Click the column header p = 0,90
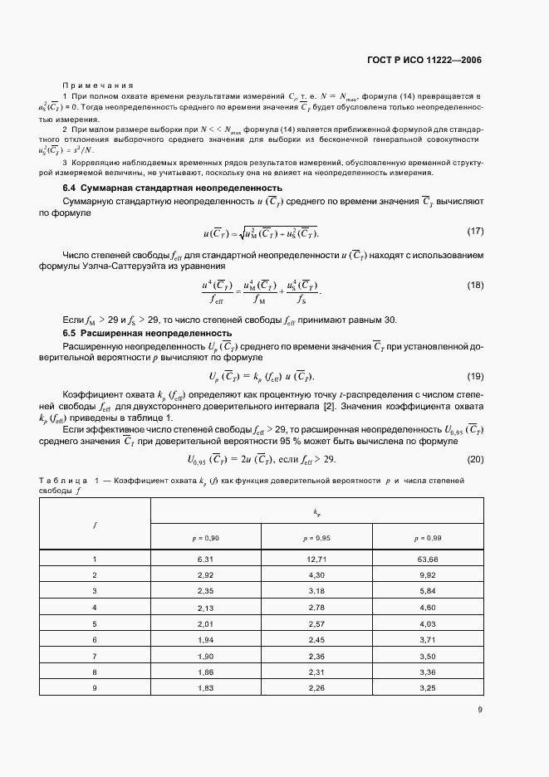[x=205, y=538]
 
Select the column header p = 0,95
[x=316, y=538]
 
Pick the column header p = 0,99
[x=428, y=538]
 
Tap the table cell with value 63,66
[x=428, y=560]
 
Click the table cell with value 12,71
[x=316, y=560]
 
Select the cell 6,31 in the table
[x=205, y=560]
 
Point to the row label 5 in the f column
[x=95, y=623]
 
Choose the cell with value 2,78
[x=316, y=607]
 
